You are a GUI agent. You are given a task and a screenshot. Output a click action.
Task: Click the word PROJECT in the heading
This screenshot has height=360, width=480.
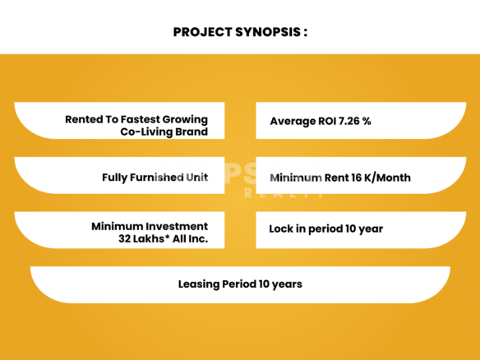coord(202,32)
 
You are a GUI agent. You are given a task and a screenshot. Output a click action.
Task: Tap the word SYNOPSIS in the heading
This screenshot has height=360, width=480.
coord(268,32)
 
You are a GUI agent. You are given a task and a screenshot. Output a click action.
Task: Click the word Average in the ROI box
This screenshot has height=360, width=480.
coord(293,122)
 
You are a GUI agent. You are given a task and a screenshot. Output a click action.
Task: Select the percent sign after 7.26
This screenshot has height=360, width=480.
coord(367,121)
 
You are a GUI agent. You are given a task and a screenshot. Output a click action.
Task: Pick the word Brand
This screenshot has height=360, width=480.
coord(192,132)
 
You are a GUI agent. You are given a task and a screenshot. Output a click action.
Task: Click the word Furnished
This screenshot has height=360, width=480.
coord(156,178)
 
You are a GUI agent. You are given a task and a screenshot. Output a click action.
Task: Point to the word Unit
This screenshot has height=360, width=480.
coord(196,178)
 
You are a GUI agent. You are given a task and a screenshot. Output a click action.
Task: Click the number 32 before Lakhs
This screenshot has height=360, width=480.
coord(125,238)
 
